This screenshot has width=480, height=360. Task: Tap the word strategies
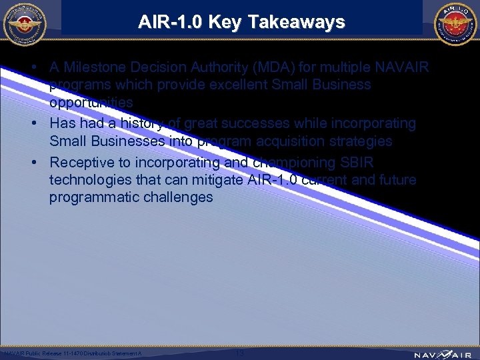(354, 141)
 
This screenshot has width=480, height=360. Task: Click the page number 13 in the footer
(240, 352)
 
